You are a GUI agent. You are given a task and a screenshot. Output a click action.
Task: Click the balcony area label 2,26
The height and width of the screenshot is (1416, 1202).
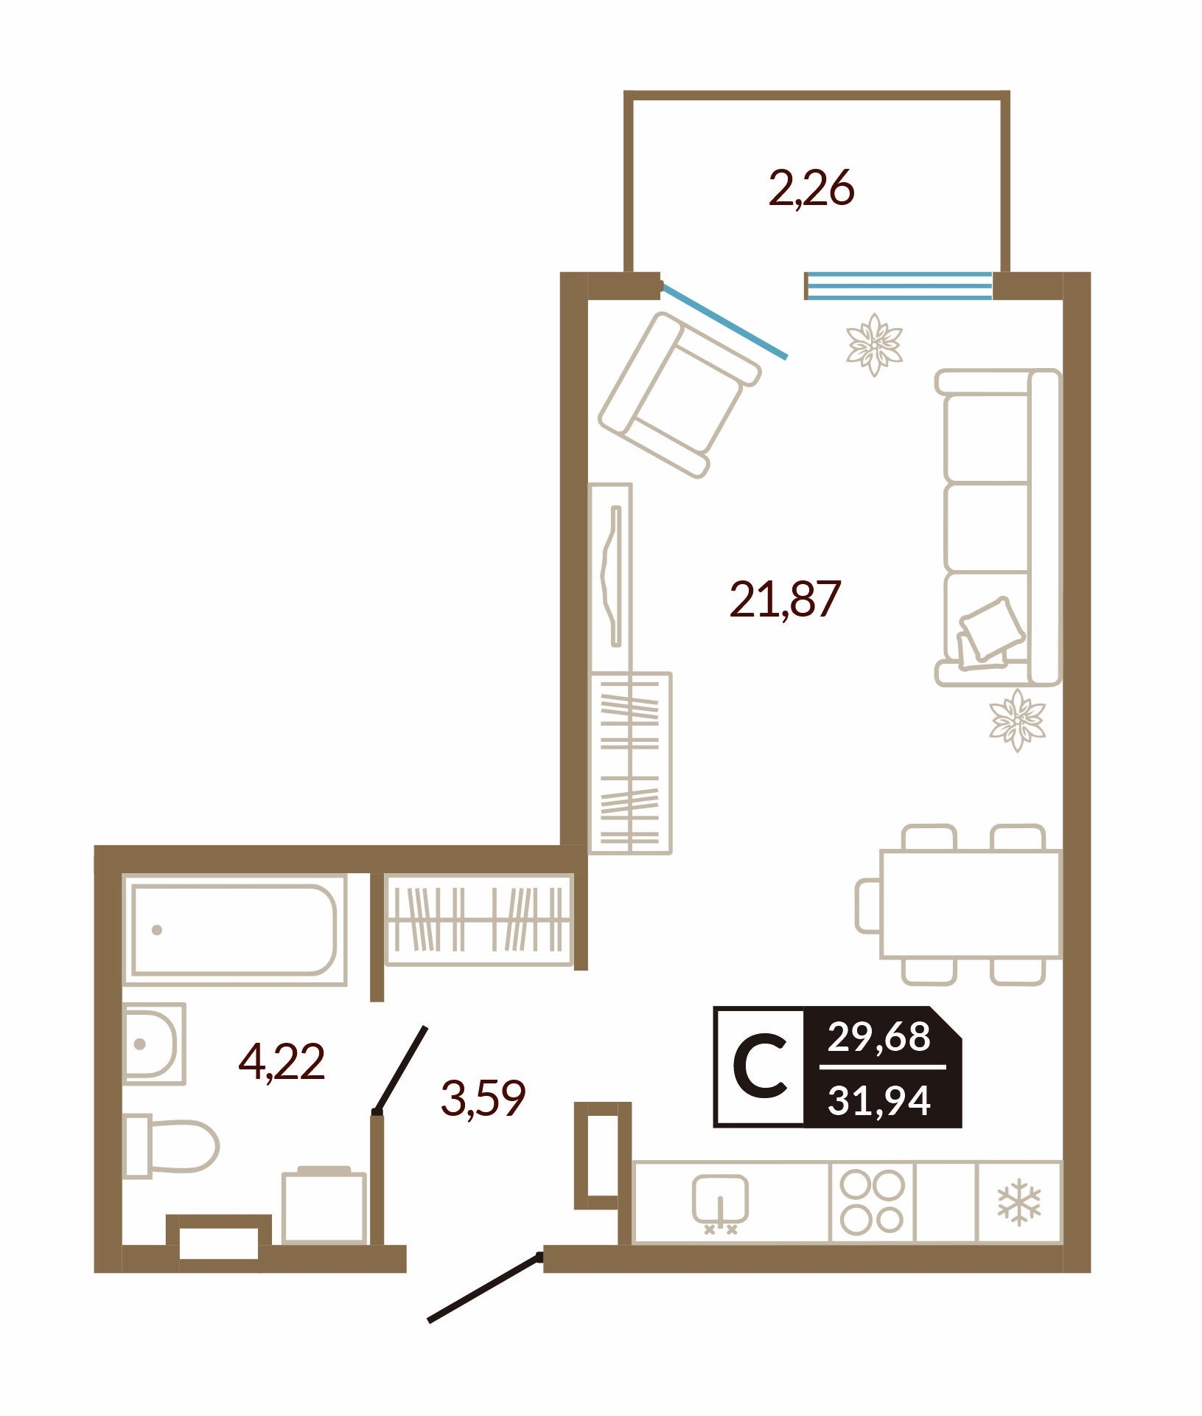[811, 189]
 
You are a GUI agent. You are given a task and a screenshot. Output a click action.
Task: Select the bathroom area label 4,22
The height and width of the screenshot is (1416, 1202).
[282, 1063]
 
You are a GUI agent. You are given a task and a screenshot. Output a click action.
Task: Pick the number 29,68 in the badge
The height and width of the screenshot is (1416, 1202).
[879, 1037]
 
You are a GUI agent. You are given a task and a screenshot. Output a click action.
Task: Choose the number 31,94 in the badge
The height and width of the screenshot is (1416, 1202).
[879, 1100]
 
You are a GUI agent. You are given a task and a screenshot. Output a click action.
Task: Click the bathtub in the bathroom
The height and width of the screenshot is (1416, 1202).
[234, 929]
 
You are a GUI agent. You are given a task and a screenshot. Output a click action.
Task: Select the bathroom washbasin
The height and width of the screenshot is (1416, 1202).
[153, 1044]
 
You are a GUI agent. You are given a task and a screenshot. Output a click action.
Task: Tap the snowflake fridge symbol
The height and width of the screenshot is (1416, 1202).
[1019, 1204]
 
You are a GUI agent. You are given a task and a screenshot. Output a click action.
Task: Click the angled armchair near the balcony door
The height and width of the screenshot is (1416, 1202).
[679, 395]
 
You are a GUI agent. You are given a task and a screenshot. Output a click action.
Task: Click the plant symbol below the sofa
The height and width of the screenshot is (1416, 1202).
[1017, 720]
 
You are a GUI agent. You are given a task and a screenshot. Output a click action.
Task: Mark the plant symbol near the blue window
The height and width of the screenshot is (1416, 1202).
[875, 344]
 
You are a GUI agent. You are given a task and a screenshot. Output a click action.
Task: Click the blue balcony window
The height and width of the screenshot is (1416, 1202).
[899, 285]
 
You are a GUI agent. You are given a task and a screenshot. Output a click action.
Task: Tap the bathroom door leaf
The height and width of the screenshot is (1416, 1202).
[401, 1069]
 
